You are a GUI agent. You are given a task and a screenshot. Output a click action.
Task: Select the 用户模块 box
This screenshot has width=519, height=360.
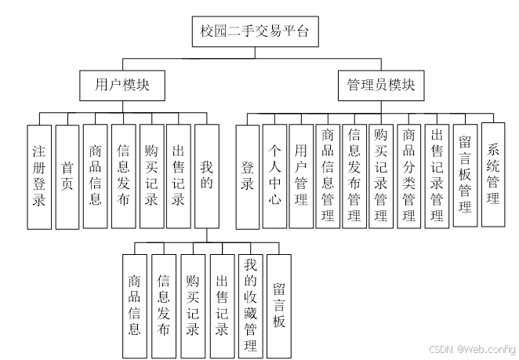click(122, 85)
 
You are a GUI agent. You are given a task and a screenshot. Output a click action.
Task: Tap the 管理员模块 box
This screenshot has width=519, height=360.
click(381, 85)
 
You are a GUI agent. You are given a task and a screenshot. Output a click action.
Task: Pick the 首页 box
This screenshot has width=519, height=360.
click(67, 176)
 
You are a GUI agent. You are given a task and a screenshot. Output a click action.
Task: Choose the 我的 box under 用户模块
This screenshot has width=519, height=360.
click(207, 176)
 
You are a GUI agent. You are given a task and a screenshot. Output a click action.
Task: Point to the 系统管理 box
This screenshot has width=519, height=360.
click(493, 174)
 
